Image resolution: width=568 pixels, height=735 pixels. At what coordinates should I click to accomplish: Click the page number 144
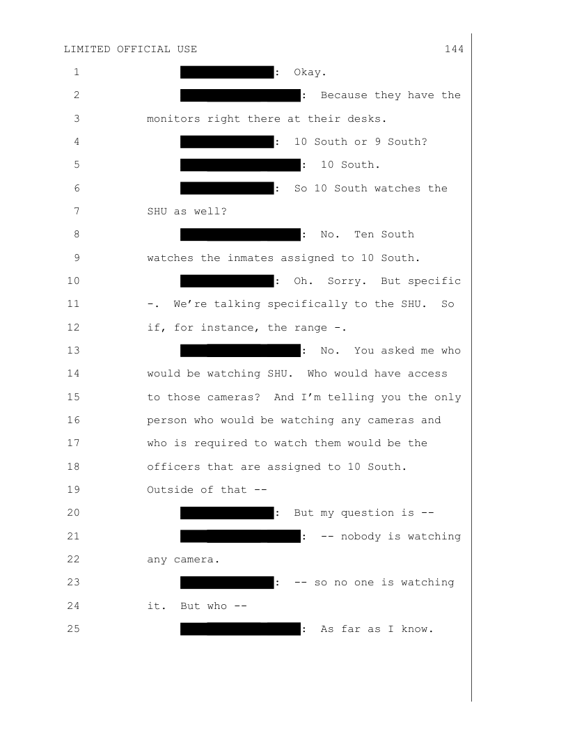tap(454, 49)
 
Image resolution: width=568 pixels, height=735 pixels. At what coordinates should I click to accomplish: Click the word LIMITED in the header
tap(87, 49)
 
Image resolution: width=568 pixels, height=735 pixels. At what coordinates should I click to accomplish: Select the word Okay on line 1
tap(308, 72)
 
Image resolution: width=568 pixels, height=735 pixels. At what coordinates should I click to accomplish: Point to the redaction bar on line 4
tap(227, 141)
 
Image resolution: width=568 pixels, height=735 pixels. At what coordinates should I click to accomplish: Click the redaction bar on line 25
tap(240, 629)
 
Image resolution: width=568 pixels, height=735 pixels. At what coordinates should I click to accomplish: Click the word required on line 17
tap(220, 443)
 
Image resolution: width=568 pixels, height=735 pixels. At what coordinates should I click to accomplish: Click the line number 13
tap(73, 351)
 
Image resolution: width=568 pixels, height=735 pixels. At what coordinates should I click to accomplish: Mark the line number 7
tap(77, 211)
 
